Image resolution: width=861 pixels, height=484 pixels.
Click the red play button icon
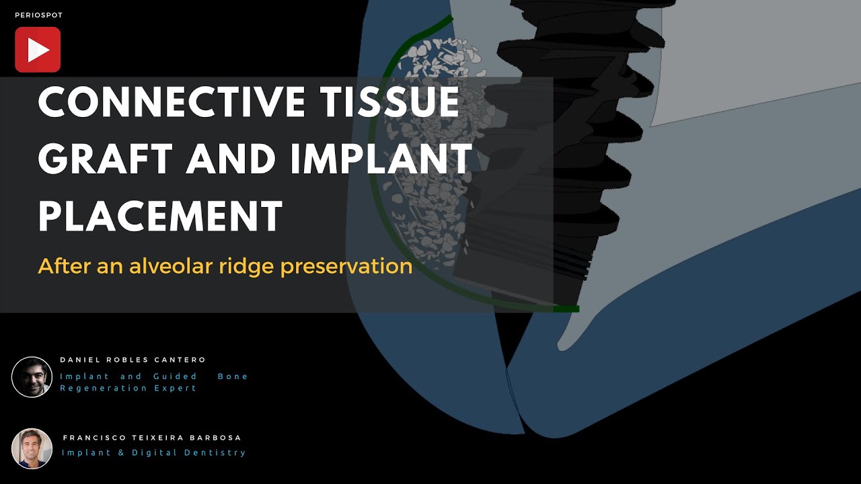(38, 50)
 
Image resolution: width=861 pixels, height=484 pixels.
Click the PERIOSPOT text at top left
(38, 15)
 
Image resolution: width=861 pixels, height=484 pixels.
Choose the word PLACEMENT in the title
(160, 216)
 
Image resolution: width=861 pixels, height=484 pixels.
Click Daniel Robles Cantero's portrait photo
(32, 377)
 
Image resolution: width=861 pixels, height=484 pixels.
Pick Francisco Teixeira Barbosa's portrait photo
(32, 448)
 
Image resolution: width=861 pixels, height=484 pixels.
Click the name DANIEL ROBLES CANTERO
(133, 360)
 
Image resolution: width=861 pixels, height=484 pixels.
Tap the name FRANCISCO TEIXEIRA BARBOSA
(152, 438)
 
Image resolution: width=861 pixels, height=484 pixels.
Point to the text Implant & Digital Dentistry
(154, 452)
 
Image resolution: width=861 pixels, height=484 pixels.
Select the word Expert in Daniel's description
(176, 388)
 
